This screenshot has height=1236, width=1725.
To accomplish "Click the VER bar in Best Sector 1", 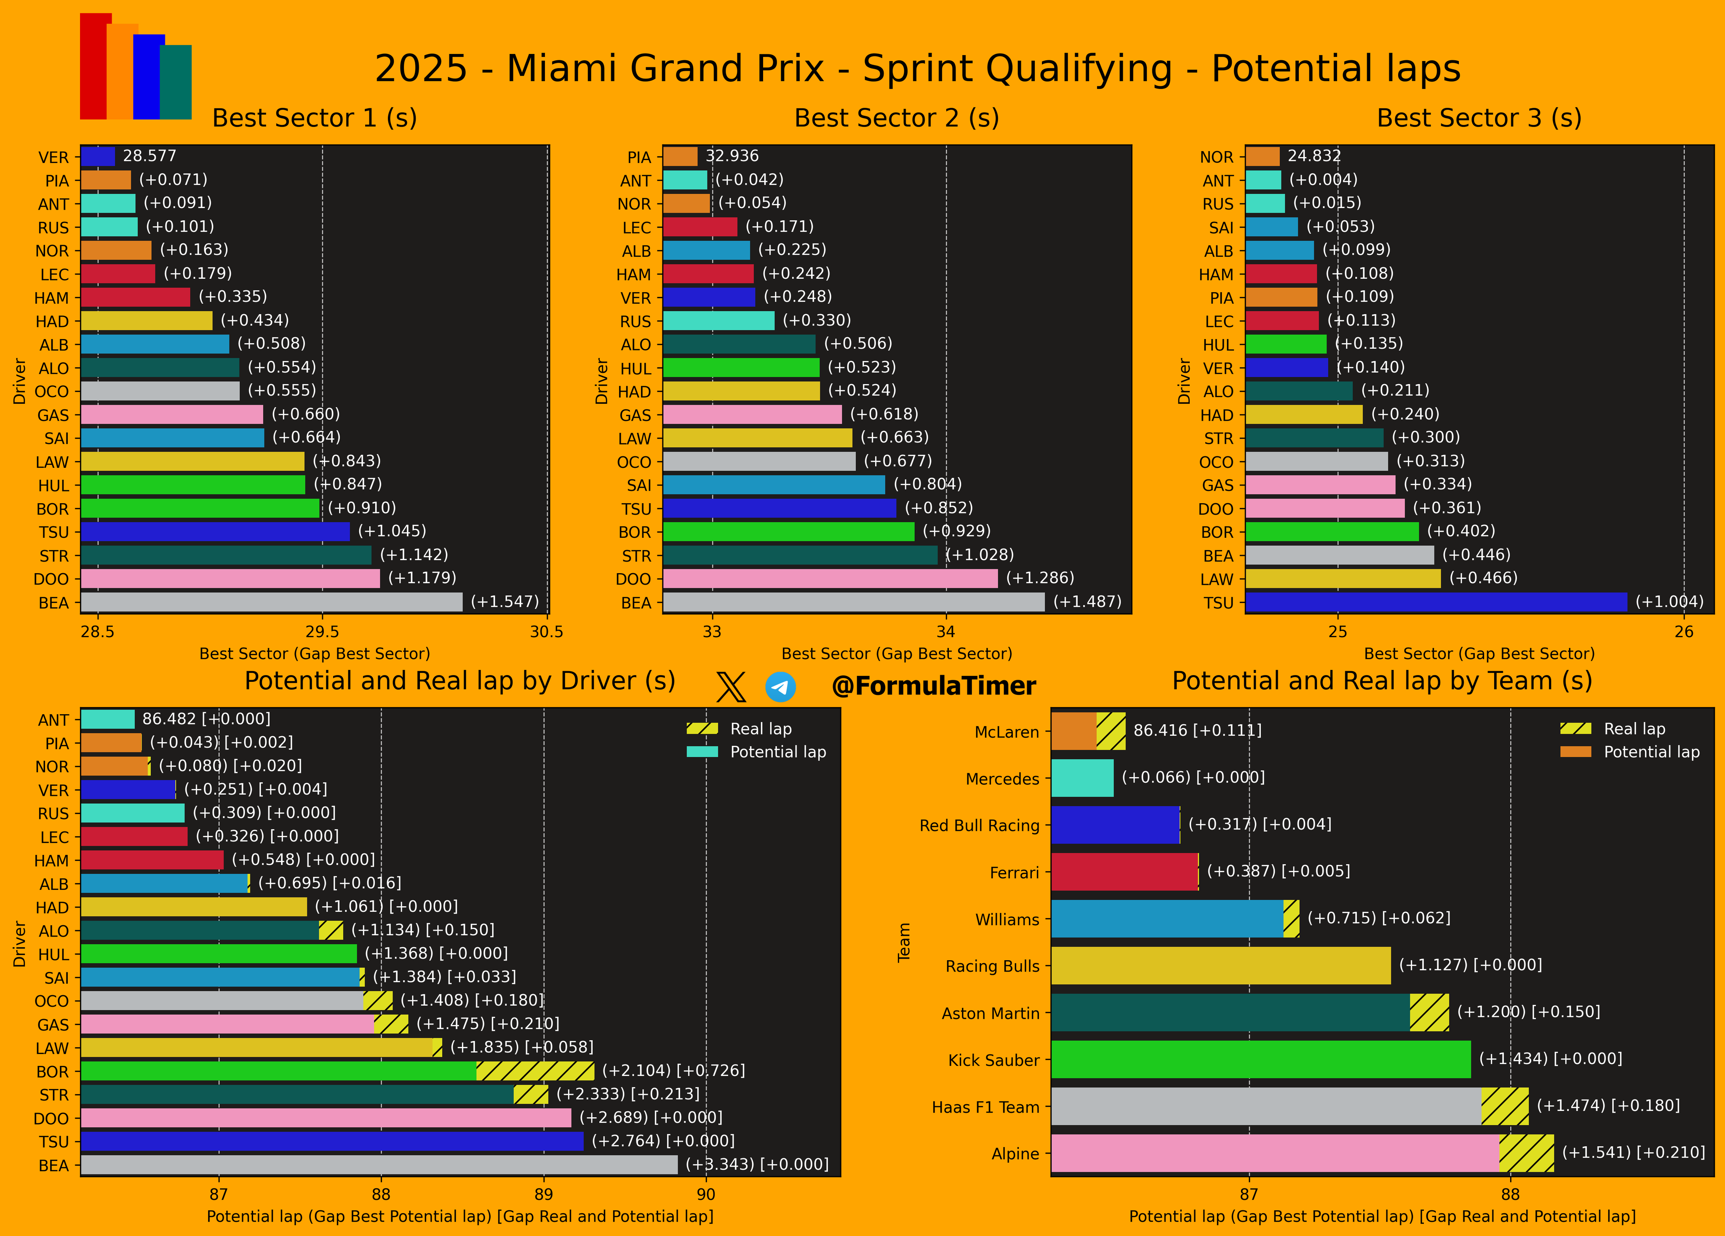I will [x=98, y=157].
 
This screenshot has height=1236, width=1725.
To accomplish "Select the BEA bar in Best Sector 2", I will [x=853, y=602].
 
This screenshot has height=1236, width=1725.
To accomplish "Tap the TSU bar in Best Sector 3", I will [x=1436, y=602].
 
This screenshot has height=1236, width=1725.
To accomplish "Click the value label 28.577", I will [x=150, y=156].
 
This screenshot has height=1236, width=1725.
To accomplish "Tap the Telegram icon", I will [x=780, y=687].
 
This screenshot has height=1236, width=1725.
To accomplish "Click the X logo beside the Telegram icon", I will [x=731, y=687].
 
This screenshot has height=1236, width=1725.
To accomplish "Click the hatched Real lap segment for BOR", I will [x=535, y=1071].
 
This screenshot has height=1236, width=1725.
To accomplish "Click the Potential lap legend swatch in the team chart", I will [x=1575, y=751].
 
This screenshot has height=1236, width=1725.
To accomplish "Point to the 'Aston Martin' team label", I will [x=990, y=1013].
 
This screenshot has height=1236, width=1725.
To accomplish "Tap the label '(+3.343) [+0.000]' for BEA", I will [x=757, y=1164].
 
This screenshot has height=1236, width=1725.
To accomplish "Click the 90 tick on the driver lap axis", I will [x=706, y=1194].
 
